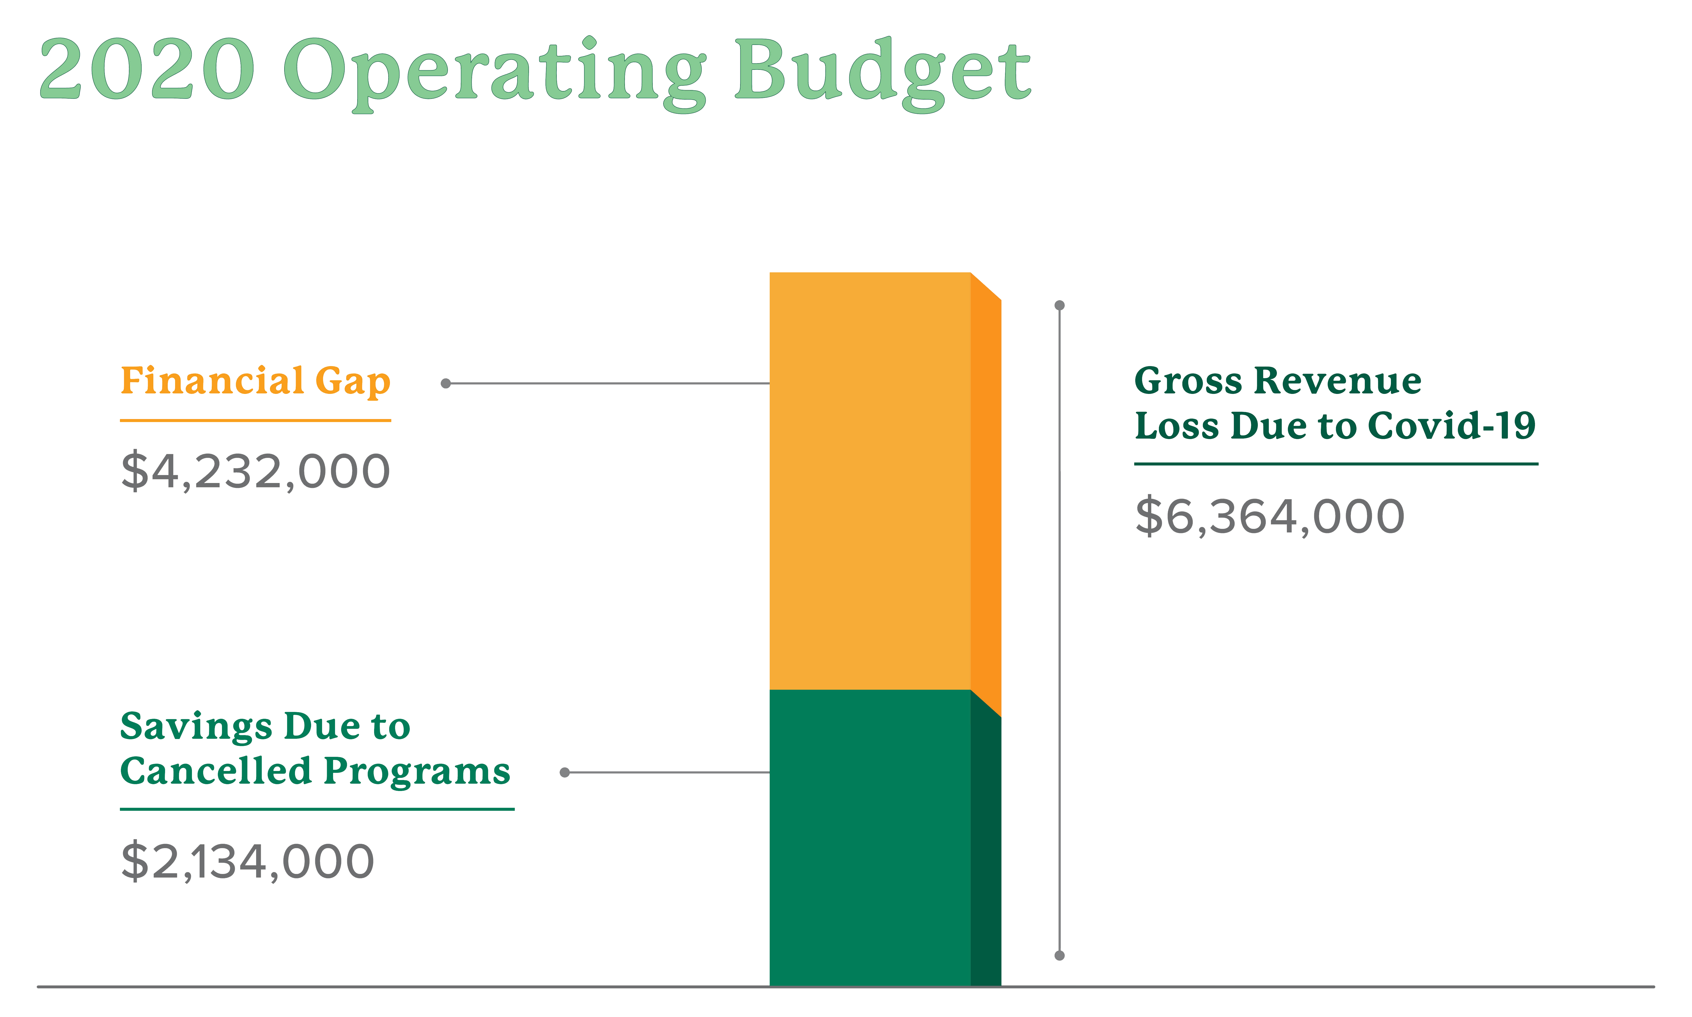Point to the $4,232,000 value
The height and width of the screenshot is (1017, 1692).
click(255, 472)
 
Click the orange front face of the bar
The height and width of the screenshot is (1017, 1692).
click(869, 480)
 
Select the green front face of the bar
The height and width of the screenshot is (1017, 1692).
click(869, 836)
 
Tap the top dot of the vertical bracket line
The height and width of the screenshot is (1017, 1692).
click(1059, 305)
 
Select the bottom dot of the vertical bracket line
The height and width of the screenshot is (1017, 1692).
click(1059, 955)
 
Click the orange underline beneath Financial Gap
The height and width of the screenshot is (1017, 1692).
click(255, 420)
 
